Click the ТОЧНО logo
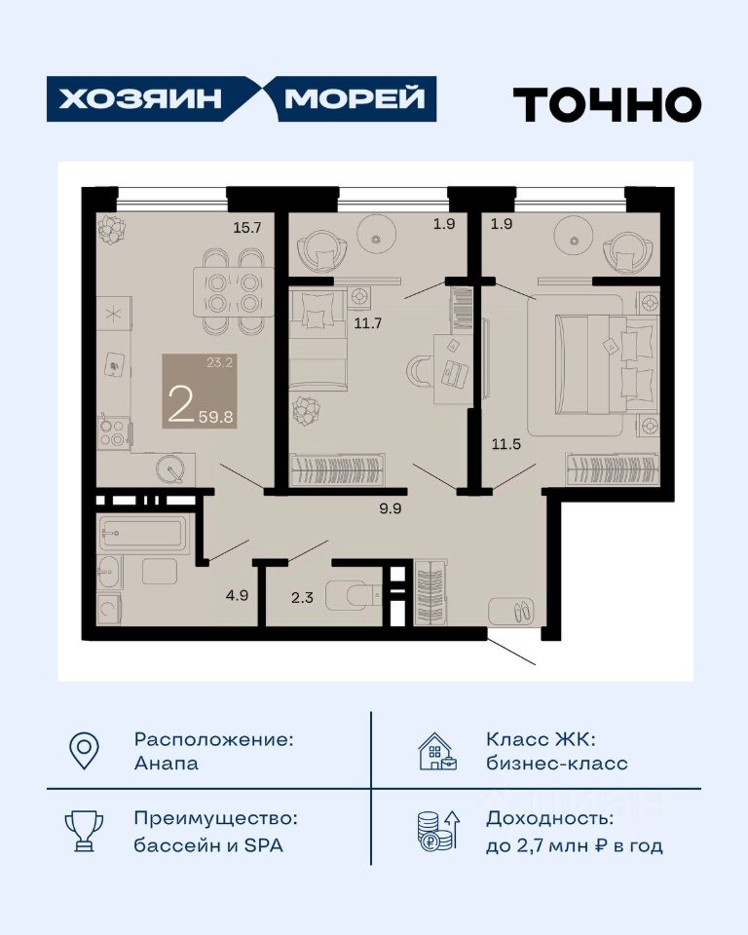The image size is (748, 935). point(607,104)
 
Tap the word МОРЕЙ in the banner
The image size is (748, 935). point(355,98)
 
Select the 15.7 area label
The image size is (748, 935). point(247,227)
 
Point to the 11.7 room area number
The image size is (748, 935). point(367,323)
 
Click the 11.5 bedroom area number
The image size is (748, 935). point(506,444)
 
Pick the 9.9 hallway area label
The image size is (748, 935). point(391,508)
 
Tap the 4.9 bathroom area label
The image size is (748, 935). point(237,594)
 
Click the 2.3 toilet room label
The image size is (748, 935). point(303,597)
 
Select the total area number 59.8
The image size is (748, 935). point(216,417)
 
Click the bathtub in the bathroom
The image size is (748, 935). point(142,532)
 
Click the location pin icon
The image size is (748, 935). point(84,751)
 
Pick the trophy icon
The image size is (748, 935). point(84,831)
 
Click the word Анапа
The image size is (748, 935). point(167,764)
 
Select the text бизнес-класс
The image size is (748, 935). point(557,763)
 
